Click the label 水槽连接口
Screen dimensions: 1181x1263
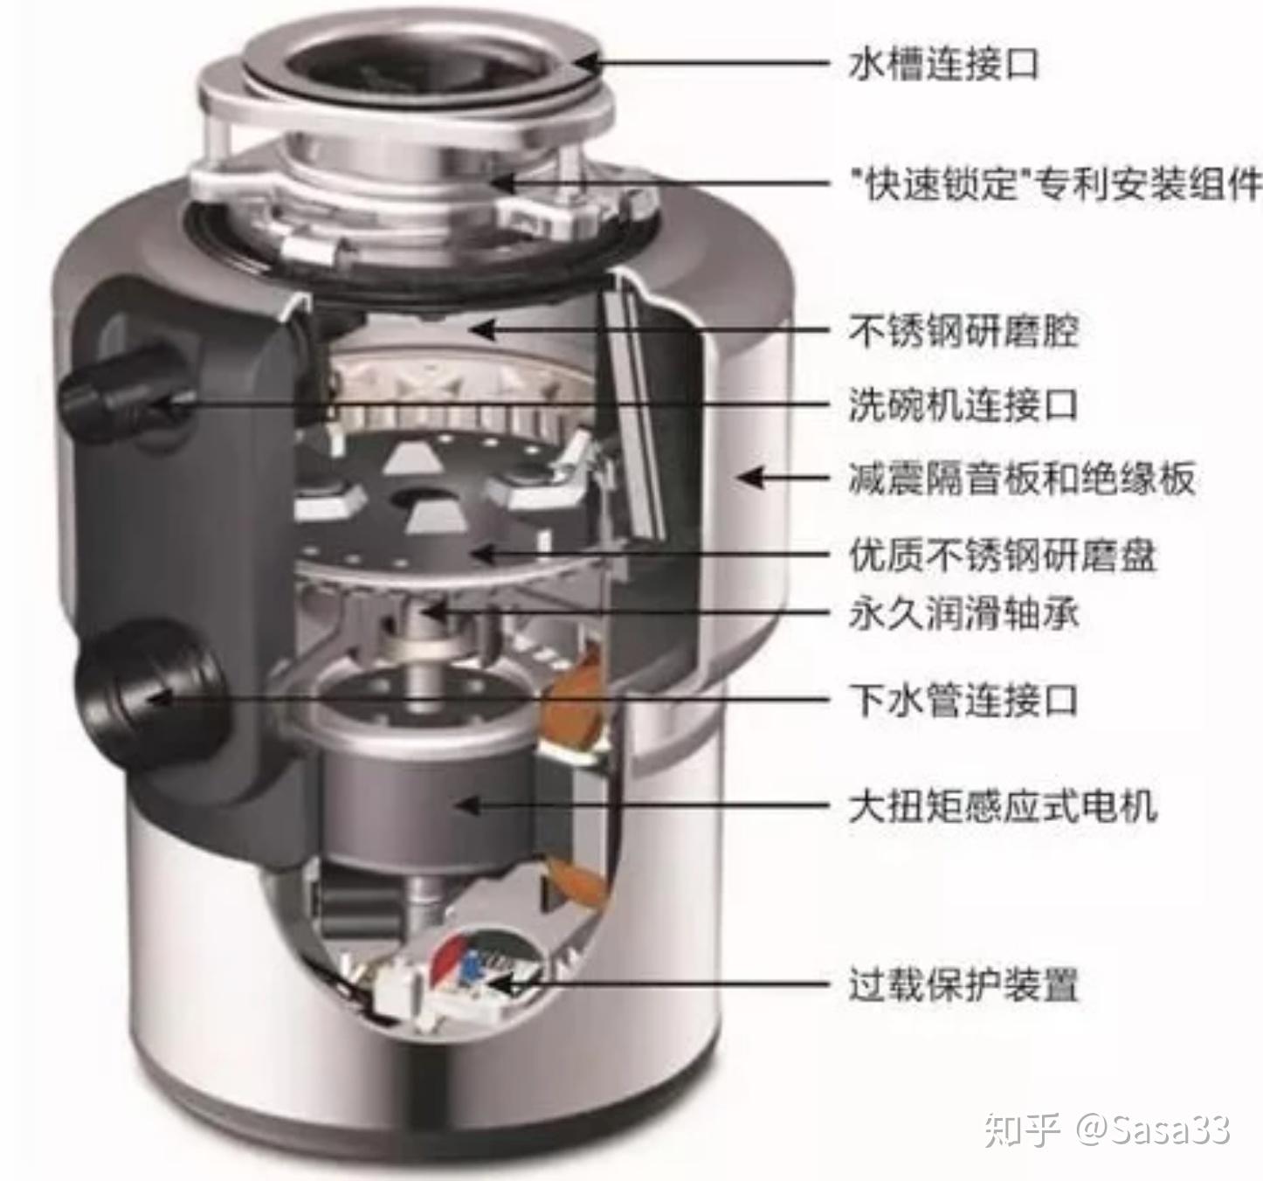coord(943,64)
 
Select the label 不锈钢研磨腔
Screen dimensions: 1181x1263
coord(963,331)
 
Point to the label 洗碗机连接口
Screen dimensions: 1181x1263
coord(963,404)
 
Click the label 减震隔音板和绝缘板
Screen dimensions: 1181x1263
coord(1021,479)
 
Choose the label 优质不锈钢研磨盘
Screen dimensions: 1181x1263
coord(1003,555)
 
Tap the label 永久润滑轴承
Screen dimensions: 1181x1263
coord(963,614)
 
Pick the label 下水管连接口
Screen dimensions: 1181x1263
coord(963,699)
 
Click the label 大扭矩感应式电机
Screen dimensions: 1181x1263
coord(1003,805)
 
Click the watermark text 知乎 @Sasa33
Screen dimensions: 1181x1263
coord(1107,1129)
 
